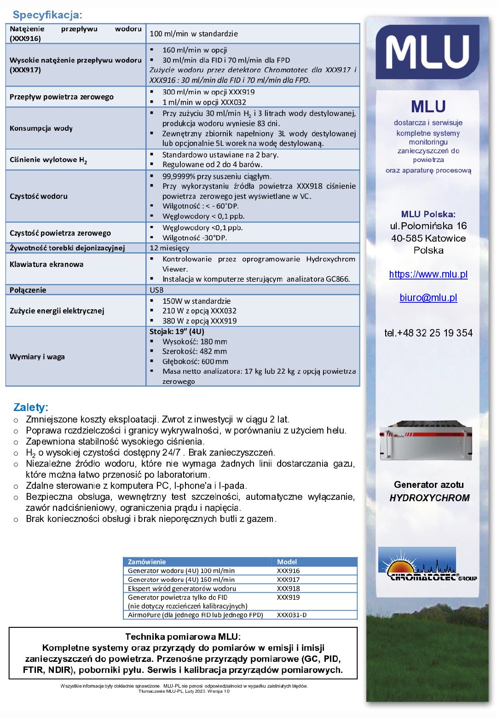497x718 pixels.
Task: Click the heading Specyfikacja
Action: point(47,15)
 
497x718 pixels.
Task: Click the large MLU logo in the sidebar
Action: point(428,52)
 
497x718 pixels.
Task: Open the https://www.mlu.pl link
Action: point(428,274)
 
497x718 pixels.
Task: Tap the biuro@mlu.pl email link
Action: point(428,298)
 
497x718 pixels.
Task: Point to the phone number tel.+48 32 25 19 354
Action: point(428,333)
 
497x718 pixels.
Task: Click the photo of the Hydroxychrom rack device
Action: point(426,441)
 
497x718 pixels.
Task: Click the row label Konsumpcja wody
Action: point(41,128)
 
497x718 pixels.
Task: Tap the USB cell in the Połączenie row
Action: point(156,290)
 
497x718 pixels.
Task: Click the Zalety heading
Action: point(31,407)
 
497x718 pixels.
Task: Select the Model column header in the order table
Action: point(287,562)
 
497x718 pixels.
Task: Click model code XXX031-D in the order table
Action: point(291,615)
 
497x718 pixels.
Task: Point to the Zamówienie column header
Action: point(147,562)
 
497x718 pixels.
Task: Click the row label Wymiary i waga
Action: point(37,357)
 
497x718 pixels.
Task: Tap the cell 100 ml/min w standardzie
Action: point(194,34)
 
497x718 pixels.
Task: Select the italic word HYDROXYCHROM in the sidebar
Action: point(429,498)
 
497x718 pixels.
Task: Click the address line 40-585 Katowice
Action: point(428,238)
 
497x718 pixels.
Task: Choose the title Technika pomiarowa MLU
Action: point(183,637)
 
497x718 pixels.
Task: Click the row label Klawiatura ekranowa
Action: point(46,264)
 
